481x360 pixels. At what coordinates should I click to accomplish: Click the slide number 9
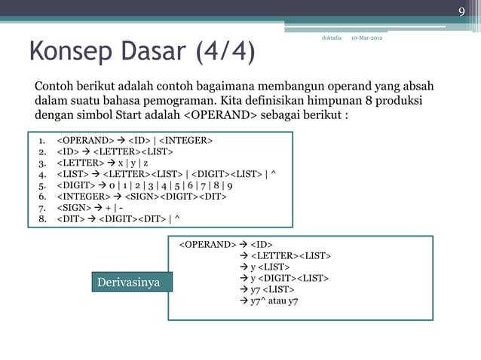[462, 11]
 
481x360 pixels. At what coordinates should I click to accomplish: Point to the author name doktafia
[332, 38]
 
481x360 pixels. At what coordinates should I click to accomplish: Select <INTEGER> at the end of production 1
[185, 140]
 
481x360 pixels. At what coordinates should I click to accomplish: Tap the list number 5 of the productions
[42, 185]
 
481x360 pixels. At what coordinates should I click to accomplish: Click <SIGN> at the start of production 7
[75, 208]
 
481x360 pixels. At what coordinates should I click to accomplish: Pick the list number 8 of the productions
[42, 219]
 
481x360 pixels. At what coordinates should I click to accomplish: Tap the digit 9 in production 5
[229, 185]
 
